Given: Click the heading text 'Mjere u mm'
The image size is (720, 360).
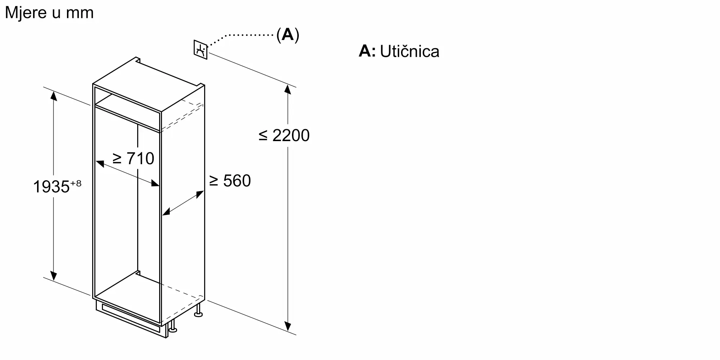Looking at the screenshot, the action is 49,13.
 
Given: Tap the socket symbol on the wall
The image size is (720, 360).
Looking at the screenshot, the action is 201,50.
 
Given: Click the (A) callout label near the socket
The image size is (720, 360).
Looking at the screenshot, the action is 288,35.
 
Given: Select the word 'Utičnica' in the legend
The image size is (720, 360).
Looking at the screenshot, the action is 410,51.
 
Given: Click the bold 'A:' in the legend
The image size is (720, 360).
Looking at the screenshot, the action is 367,51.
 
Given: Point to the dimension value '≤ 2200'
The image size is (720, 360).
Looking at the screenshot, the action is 284,135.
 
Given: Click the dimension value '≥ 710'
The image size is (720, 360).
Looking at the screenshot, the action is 133,158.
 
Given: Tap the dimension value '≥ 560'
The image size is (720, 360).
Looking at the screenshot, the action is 230,181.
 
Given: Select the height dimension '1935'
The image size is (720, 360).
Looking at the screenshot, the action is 51,187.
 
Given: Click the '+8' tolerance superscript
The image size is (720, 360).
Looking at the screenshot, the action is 76,184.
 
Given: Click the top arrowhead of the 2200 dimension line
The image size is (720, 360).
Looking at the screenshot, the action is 288,89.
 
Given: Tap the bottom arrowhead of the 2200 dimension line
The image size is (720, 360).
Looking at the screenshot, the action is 288,326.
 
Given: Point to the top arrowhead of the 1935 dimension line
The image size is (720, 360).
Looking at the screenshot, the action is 54,96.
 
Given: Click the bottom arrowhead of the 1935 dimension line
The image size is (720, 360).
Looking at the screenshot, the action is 54,275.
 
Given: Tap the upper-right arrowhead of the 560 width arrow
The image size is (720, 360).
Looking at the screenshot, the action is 200,194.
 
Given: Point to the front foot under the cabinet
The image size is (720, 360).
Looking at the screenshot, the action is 173,327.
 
